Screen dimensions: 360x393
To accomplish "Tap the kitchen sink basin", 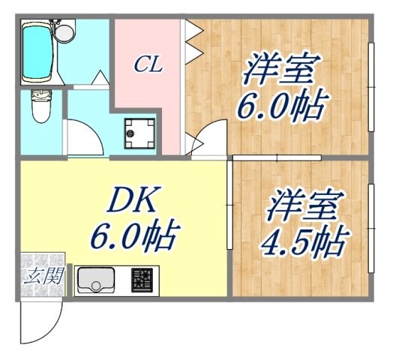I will (x=95, y=281).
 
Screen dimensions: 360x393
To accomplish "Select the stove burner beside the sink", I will (x=142, y=280).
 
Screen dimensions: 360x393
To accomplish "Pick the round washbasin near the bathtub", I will (x=65, y=32).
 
